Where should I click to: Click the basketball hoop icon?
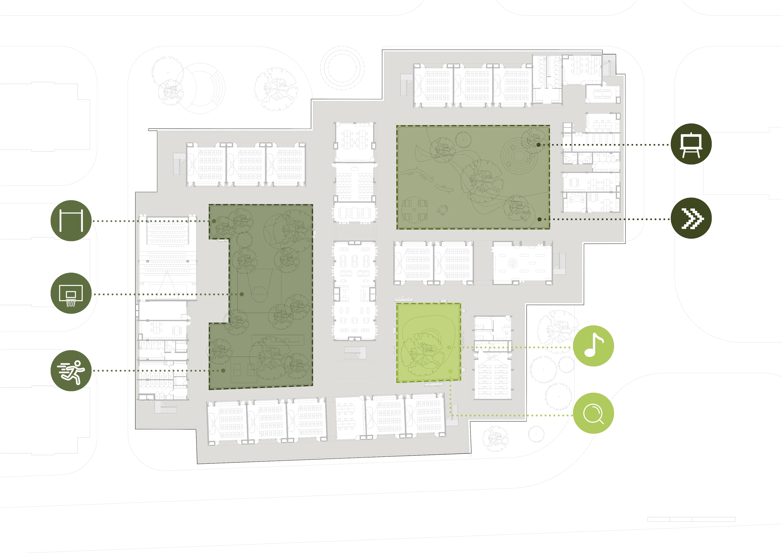pyautogui.click(x=71, y=293)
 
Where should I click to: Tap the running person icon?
pyautogui.click(x=71, y=371)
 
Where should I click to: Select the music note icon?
pyautogui.click(x=593, y=346)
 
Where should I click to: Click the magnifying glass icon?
pyautogui.click(x=593, y=413)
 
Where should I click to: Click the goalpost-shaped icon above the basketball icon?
pyautogui.click(x=71, y=221)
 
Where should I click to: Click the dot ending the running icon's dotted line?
pyautogui.click(x=223, y=371)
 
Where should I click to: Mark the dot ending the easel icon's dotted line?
pyautogui.click(x=539, y=145)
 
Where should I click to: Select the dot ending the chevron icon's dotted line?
pyautogui.click(x=540, y=219)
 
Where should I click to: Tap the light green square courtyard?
pyautogui.click(x=429, y=343)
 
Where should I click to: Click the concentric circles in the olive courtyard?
pyautogui.click(x=519, y=155)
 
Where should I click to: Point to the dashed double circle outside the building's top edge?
pyautogui.click(x=342, y=68)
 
